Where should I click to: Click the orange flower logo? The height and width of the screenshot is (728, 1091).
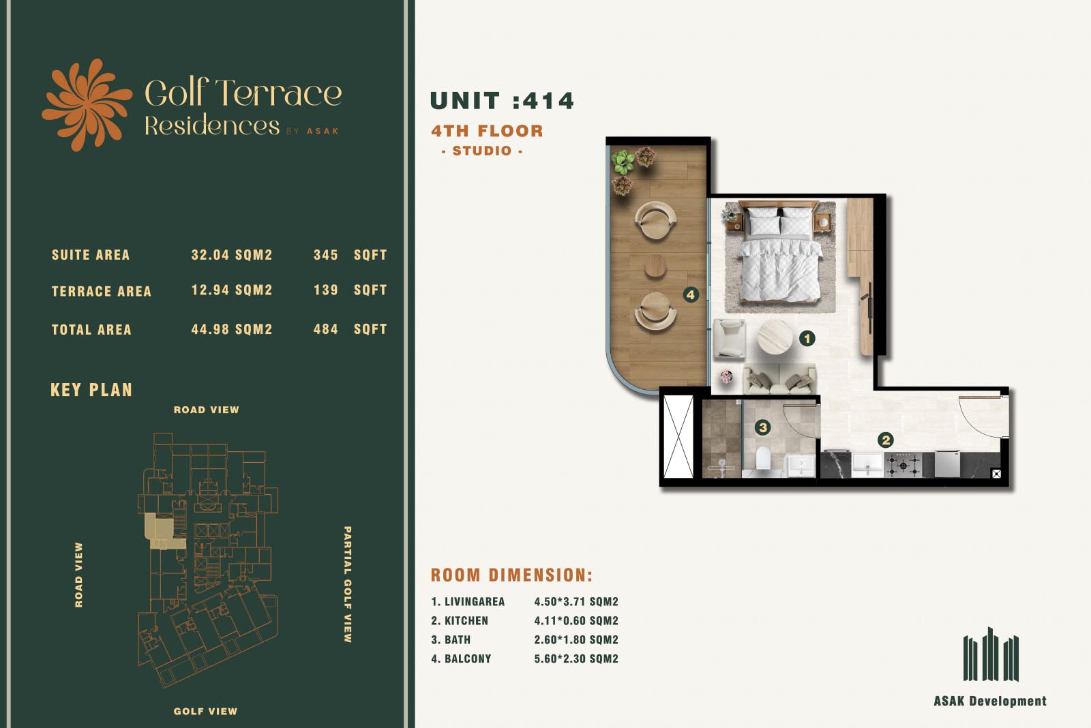tap(87, 105)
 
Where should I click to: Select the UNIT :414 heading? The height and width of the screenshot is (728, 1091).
tap(502, 101)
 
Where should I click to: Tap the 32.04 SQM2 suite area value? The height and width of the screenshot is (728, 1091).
tap(232, 255)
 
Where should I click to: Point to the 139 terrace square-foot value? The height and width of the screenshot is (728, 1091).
tap(326, 290)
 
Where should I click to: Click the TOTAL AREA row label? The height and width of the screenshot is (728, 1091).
tap(91, 330)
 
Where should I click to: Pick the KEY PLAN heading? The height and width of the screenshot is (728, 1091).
tap(91, 390)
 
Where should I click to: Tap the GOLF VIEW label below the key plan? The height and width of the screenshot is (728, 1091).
tap(205, 711)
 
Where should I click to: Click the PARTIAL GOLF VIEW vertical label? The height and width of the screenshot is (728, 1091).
tap(347, 584)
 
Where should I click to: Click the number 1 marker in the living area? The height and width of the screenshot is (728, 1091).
tap(807, 338)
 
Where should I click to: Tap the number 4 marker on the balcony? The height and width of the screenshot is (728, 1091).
tap(691, 294)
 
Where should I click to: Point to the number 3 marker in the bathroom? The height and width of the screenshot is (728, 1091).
tap(763, 427)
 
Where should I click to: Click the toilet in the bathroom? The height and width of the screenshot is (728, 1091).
tap(763, 459)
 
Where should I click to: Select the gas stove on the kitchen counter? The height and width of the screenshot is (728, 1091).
tap(903, 466)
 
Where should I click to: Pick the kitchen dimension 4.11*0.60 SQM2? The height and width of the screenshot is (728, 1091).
tap(576, 620)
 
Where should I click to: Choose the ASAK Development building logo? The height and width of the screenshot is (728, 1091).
tap(991, 654)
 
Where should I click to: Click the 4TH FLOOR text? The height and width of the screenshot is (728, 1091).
tap(487, 130)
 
